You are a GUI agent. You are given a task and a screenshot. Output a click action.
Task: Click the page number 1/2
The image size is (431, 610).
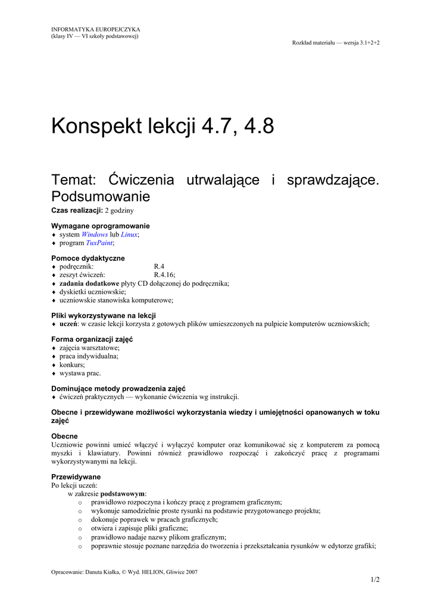pyautogui.click(x=375, y=580)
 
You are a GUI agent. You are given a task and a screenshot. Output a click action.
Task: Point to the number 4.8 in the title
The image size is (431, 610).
pyautogui.click(x=257, y=126)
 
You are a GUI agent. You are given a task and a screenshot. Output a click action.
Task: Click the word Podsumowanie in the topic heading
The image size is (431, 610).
pyautogui.click(x=101, y=196)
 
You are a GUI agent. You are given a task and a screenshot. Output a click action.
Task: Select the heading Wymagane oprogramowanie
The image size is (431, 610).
pyautogui.click(x=101, y=226)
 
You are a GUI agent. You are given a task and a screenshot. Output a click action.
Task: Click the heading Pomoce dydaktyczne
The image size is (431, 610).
pyautogui.click(x=88, y=258)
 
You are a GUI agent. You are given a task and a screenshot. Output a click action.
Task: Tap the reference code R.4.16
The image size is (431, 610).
pyautogui.click(x=164, y=275)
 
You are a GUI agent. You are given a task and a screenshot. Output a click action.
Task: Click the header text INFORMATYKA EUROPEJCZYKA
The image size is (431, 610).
pyautogui.click(x=96, y=29)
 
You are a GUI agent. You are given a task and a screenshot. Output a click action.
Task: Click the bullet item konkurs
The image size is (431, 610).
pyautogui.click(x=72, y=365)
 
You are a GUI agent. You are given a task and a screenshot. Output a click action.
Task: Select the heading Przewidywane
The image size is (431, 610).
pyautogui.click(x=76, y=477)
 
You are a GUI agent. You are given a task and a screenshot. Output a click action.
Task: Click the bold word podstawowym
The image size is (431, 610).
pyautogui.click(x=123, y=494)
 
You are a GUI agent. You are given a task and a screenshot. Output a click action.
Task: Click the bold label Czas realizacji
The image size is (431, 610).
pyautogui.click(x=77, y=211)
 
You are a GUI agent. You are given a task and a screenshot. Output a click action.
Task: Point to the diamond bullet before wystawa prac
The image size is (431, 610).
pyautogui.click(x=54, y=374)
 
